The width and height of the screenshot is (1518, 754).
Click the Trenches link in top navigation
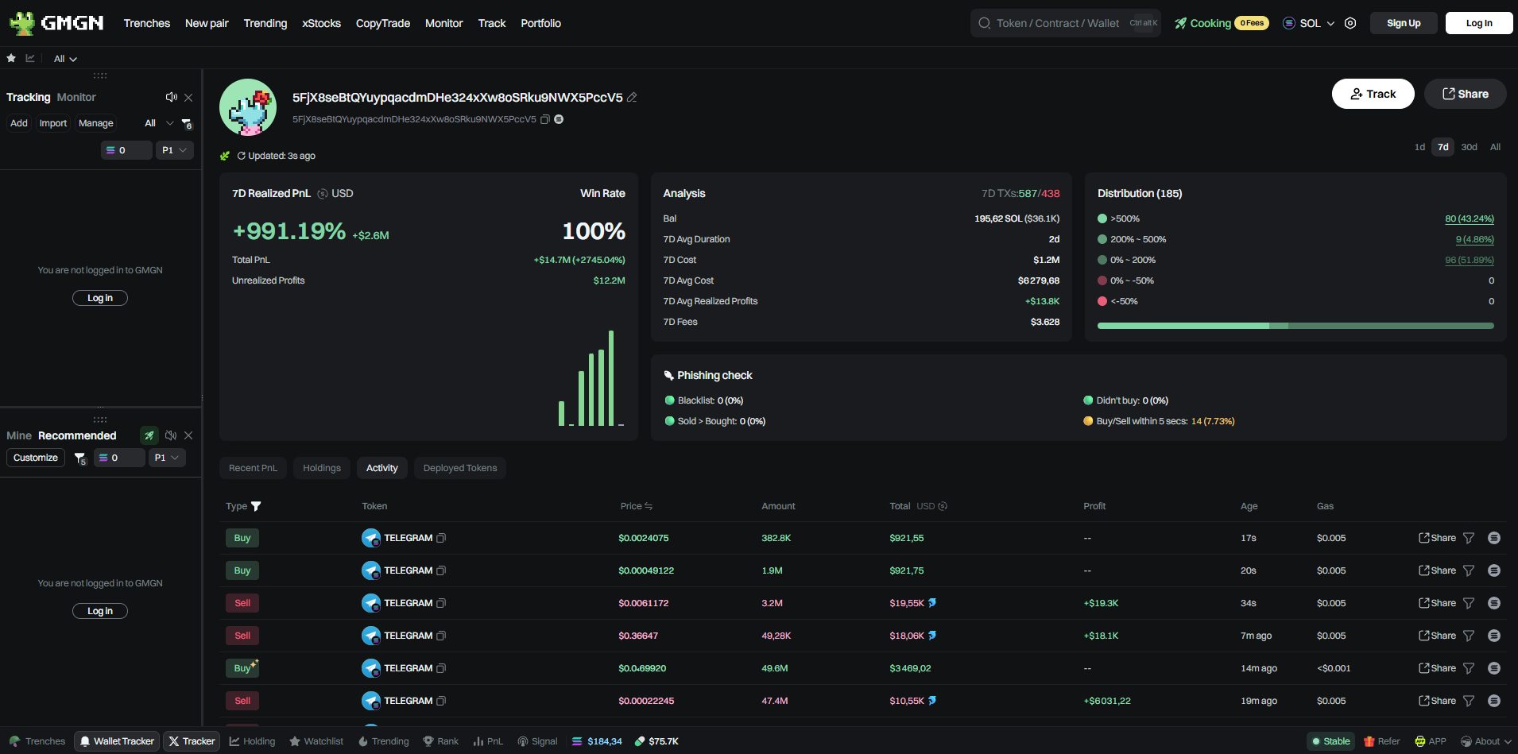[146, 23]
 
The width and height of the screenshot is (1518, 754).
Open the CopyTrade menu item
[382, 23]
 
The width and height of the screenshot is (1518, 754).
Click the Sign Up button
[1403, 23]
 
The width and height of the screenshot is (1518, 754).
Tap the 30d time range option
[1469, 147]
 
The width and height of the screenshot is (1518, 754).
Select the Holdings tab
[321, 468]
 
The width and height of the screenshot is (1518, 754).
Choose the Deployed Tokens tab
[459, 468]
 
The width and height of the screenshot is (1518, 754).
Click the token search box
[1057, 23]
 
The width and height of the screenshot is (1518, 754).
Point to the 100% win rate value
[593, 231]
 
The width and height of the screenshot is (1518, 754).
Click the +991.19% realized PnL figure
[288, 231]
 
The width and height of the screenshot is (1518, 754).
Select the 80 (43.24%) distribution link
[1469, 218]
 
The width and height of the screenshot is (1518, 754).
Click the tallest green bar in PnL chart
[611, 377]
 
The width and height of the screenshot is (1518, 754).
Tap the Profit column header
[1094, 506]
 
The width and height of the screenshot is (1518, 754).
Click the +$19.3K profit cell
[1101, 603]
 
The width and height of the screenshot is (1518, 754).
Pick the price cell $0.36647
[638, 636]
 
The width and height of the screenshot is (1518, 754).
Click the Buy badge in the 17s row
[242, 538]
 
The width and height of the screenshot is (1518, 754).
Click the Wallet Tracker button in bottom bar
[117, 741]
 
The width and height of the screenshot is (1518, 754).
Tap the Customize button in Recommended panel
[36, 458]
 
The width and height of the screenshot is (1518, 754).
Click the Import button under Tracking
[53, 123]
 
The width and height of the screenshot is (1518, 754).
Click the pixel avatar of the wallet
[248, 107]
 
